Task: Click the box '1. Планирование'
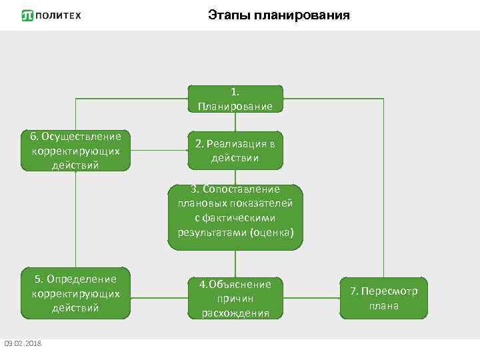(235, 98)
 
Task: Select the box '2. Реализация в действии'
(235, 151)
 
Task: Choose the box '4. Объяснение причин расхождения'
(235, 298)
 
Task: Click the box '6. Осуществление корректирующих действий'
(75, 151)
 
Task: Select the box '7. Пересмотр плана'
(383, 298)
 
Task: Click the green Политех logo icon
(27, 15)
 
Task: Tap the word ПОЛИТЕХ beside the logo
(59, 15)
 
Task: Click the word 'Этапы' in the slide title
(229, 15)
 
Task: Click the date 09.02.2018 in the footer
(23, 343)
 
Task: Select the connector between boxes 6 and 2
(159, 151)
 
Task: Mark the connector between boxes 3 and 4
(235, 263)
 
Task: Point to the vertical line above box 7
(383, 187)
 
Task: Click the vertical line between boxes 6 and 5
(75, 220)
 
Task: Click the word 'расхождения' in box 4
(235, 313)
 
